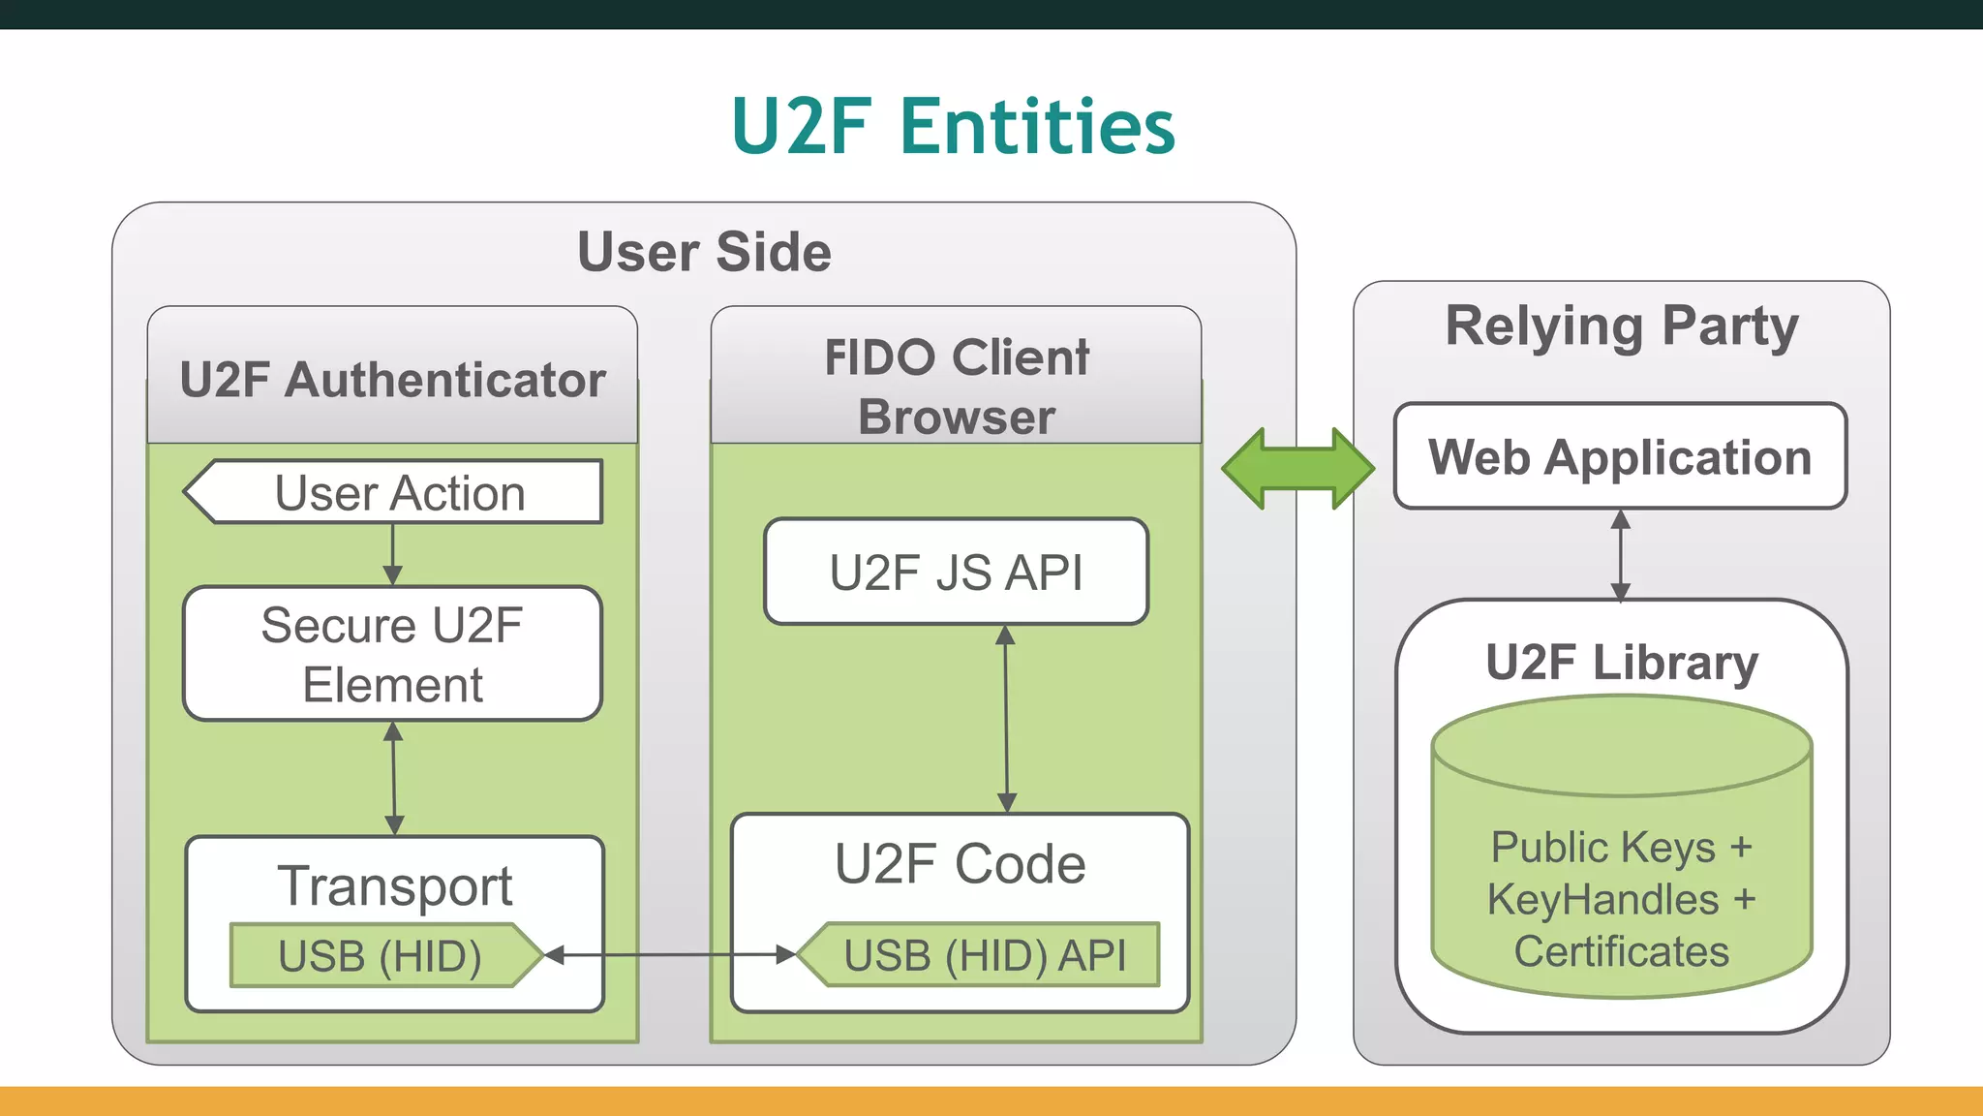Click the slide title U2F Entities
953,127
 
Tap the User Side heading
704,252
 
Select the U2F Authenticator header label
392,380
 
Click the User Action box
399,493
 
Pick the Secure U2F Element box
392,654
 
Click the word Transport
395,885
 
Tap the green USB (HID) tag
380,956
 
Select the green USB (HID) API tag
985,956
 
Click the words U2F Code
960,864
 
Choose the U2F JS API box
956,572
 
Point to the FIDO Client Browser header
956,386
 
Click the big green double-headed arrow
1297,468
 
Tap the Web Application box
1620,456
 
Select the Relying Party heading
1622,325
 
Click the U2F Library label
1622,663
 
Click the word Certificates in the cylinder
1622,951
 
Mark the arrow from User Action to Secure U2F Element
392,554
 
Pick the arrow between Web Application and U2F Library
1620,555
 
